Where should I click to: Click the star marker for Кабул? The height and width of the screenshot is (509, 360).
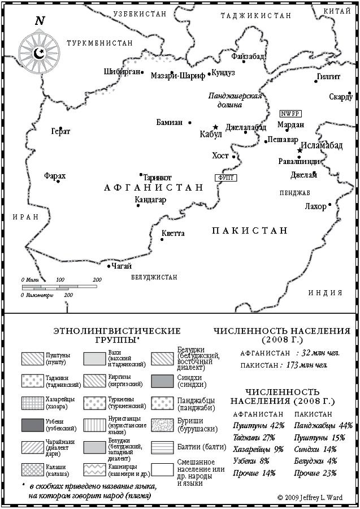click(215, 127)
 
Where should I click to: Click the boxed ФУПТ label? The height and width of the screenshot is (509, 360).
click(225, 177)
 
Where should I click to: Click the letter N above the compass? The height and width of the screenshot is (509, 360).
click(40, 21)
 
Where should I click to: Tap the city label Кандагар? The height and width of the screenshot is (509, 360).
click(150, 200)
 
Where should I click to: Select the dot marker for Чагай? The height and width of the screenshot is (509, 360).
click(109, 265)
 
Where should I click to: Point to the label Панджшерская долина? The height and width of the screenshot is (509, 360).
click(235, 100)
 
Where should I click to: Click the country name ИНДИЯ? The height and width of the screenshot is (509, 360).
click(326, 292)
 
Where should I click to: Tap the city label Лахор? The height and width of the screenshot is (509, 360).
click(315, 206)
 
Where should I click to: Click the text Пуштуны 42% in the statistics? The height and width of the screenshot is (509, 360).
click(253, 425)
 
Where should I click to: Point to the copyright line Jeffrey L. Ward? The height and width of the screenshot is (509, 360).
click(311, 497)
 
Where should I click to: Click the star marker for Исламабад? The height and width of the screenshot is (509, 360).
click(300, 151)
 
